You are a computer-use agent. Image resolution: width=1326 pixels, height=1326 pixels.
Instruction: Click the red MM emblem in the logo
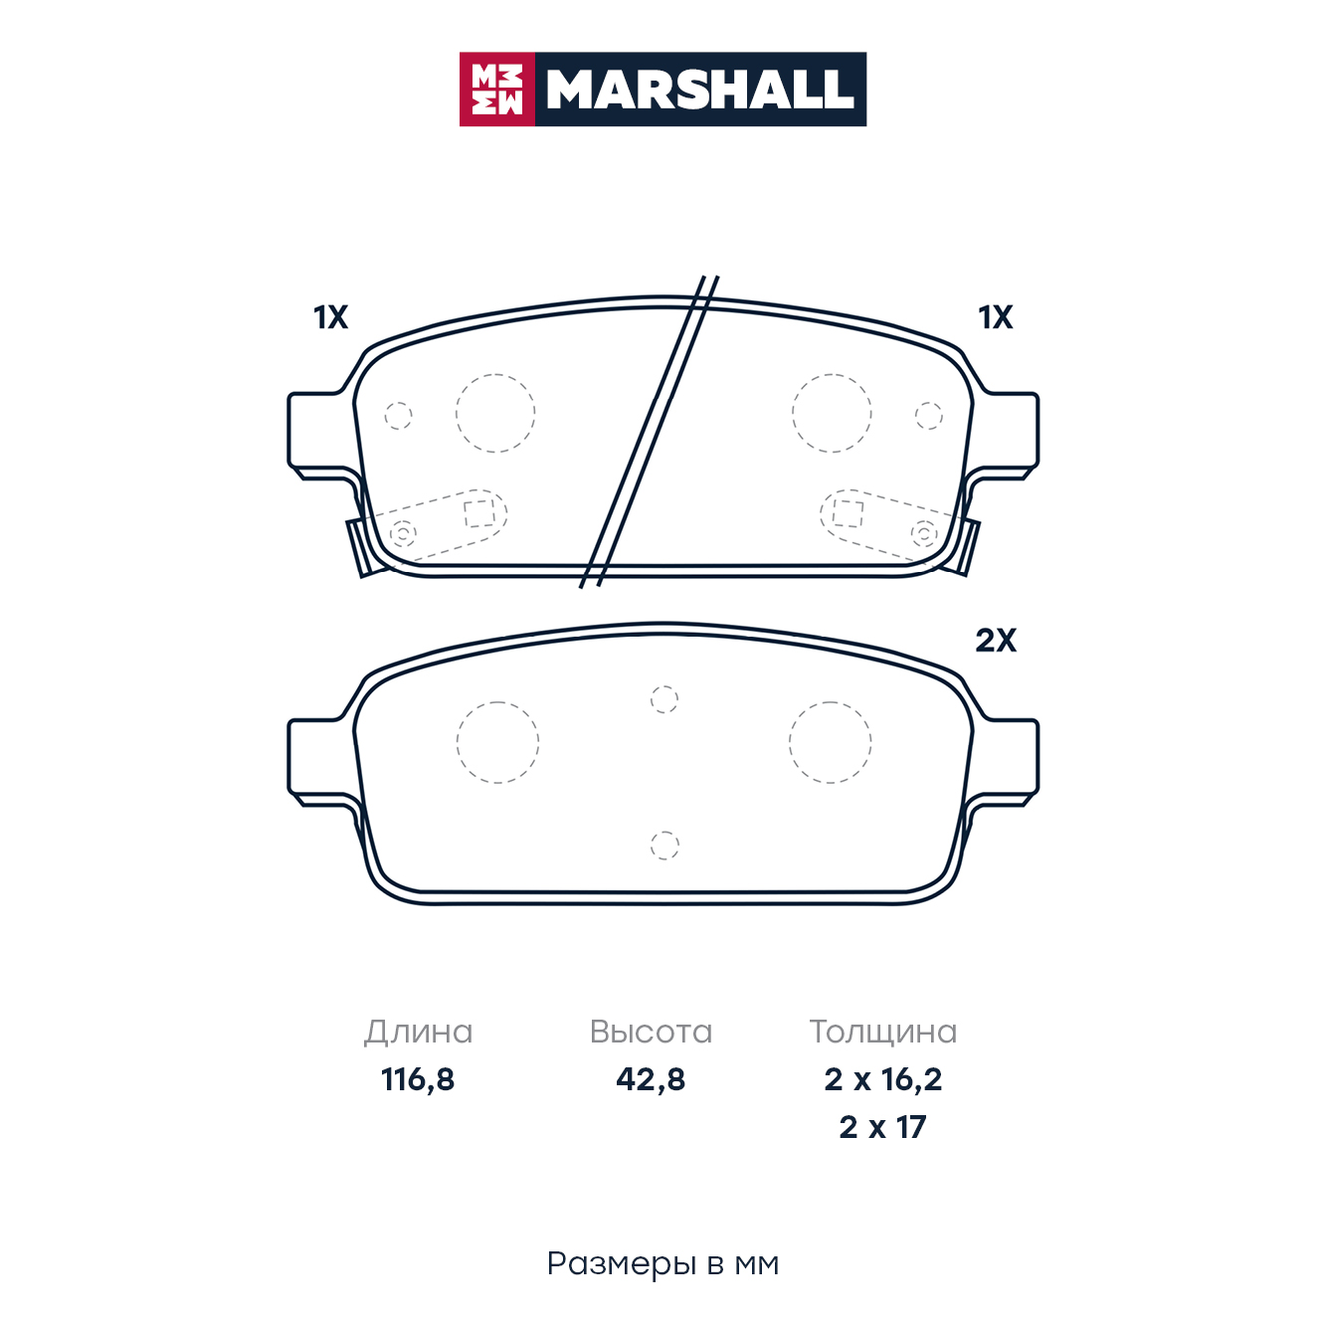tap(496, 90)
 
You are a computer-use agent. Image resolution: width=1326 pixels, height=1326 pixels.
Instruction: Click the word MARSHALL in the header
tap(700, 90)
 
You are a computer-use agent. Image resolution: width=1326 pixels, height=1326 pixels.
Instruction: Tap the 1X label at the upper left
tap(330, 318)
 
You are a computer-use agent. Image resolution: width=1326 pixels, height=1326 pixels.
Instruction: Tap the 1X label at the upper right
tap(995, 318)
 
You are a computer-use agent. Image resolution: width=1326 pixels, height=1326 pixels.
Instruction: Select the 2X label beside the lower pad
tap(995, 641)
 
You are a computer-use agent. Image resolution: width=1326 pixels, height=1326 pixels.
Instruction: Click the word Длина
tap(419, 1033)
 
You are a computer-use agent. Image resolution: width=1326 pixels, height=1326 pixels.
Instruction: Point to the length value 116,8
tap(418, 1079)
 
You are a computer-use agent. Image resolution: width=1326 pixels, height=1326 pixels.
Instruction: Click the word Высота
tap(651, 1033)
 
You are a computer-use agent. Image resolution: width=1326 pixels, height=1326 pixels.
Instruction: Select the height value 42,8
tap(651, 1079)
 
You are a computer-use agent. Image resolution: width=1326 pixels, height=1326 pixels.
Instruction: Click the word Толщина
tap(883, 1033)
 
